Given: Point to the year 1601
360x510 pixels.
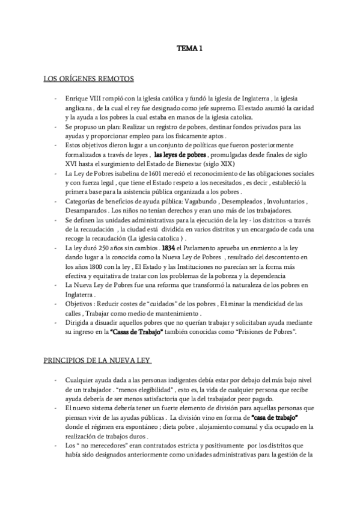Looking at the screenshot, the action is [x=130, y=173].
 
